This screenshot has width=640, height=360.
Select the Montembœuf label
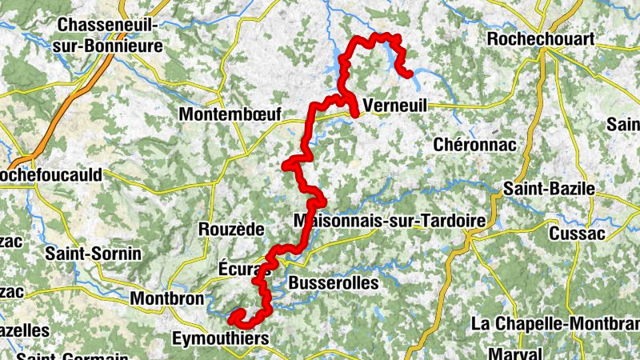(x=230, y=114)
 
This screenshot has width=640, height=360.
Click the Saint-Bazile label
(x=549, y=189)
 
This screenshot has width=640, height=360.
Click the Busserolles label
(x=333, y=282)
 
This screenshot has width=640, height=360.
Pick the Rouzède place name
(x=230, y=230)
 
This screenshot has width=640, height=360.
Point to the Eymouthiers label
(x=221, y=340)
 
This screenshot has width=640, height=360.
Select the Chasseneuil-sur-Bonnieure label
(x=107, y=36)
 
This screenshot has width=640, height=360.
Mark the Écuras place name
(x=238, y=270)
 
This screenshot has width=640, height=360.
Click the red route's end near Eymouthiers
(x=233, y=319)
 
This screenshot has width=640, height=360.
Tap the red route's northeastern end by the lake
(x=409, y=74)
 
